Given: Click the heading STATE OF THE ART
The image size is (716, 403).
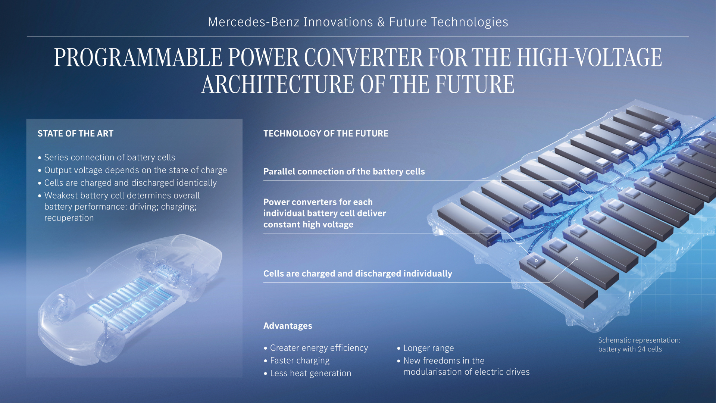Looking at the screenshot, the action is tap(75, 134).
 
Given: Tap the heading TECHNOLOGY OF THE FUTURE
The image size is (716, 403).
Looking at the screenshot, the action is tap(326, 134).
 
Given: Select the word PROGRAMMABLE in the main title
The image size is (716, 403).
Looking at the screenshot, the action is tap(138, 58).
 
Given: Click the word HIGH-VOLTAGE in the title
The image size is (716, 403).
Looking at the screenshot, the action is tap(590, 58).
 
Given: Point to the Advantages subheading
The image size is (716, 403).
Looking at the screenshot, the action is tap(288, 326).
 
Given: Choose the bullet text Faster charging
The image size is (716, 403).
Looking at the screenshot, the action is tap(300, 361).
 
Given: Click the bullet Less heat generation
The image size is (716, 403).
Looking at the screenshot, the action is tap(310, 373).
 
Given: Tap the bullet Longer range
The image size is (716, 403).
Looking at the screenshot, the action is tap(428, 348).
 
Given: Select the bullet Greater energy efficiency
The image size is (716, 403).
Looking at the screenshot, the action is tap(319, 348).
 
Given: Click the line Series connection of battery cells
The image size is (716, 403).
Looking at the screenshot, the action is tap(110, 157).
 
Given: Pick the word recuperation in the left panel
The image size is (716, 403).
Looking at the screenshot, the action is tap(69, 218).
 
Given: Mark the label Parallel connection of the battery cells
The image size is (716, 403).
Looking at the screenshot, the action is tap(344, 172).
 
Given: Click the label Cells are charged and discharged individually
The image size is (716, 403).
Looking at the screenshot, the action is tap(357, 274).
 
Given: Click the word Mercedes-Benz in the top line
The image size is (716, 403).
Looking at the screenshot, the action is tap(254, 22).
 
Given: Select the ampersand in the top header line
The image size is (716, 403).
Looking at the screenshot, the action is tap(381, 22).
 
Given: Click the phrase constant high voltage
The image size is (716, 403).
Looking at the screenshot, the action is tap(308, 225).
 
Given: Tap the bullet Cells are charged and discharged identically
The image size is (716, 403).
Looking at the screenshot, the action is tap(130, 183).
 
